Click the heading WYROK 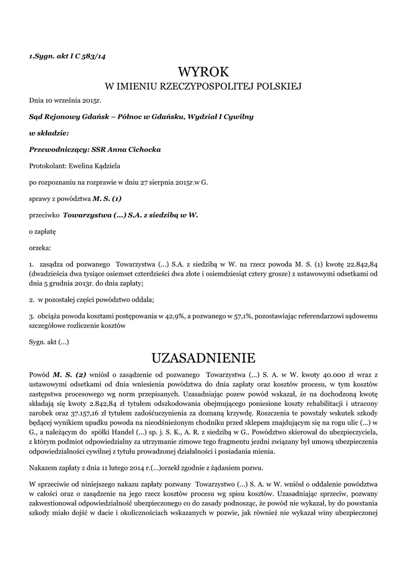pyautogui.click(x=203, y=71)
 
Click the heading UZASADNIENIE pyautogui.click(x=203, y=358)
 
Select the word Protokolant pyautogui.click(x=47, y=166)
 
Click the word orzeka pyautogui.click(x=39, y=247)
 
